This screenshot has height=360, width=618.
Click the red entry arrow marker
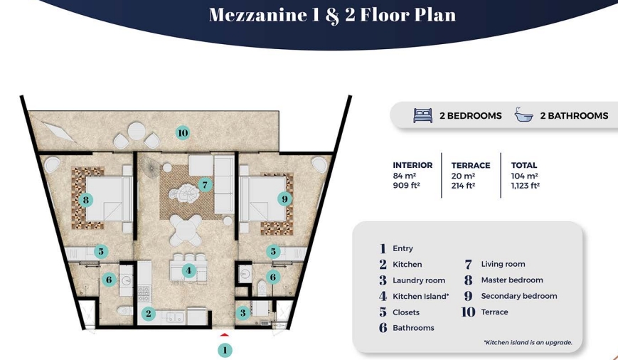point(224,335)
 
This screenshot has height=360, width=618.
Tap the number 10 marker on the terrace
point(183,133)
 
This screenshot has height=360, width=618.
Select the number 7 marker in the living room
point(205,184)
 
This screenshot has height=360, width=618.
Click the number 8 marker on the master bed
point(86,200)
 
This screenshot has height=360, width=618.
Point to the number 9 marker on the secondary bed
point(284,199)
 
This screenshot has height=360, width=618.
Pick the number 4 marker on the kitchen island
point(188,270)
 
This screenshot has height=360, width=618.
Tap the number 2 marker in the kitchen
point(149,314)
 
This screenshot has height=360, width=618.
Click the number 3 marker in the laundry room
point(243,314)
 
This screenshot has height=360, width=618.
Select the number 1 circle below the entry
point(225,350)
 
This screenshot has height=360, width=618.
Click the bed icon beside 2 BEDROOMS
point(423,115)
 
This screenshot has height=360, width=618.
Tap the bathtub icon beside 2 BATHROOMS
point(524,115)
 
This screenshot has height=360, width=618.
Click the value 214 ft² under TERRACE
point(463,185)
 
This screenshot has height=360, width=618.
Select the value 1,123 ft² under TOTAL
point(526,185)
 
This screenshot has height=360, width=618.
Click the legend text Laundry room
point(419,280)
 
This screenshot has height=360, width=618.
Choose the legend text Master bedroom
point(512,280)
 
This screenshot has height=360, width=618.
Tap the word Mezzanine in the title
point(257,15)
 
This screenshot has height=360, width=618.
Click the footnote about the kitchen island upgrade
point(528,343)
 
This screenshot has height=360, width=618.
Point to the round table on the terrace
point(137,130)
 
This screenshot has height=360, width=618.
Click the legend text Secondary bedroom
point(519,296)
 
